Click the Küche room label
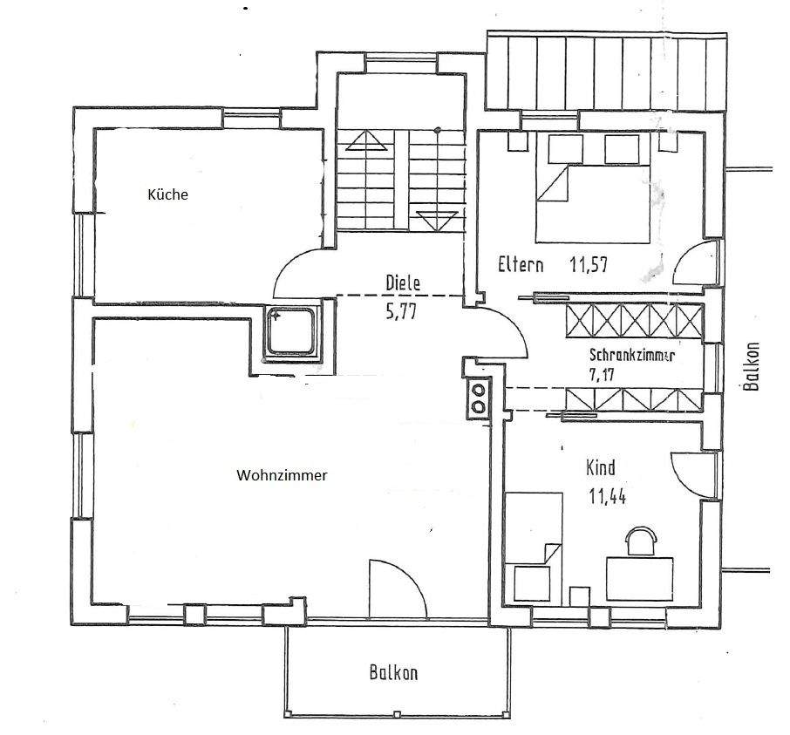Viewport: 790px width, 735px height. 167,195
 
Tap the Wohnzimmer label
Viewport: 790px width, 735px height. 282,476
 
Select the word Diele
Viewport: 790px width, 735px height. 403,282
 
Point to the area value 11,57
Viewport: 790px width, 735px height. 589,265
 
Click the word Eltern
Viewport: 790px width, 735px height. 521,265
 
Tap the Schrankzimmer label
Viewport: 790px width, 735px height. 632,357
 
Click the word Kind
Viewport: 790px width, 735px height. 602,468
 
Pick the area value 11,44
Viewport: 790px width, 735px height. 609,498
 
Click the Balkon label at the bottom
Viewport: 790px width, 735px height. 393,673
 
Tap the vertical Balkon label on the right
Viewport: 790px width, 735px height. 753,366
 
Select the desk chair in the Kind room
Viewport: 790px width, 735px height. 642,541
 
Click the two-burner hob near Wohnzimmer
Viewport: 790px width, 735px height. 478,398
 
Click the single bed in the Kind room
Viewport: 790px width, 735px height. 533,542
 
